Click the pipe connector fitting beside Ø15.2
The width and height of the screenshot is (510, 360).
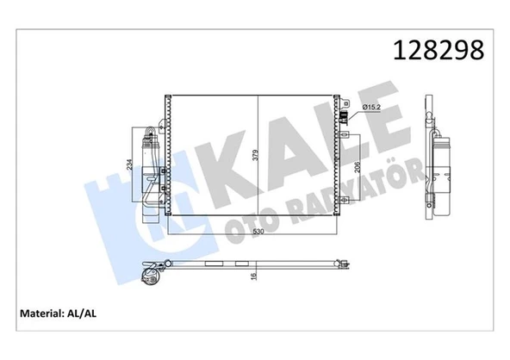pos(345,119)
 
